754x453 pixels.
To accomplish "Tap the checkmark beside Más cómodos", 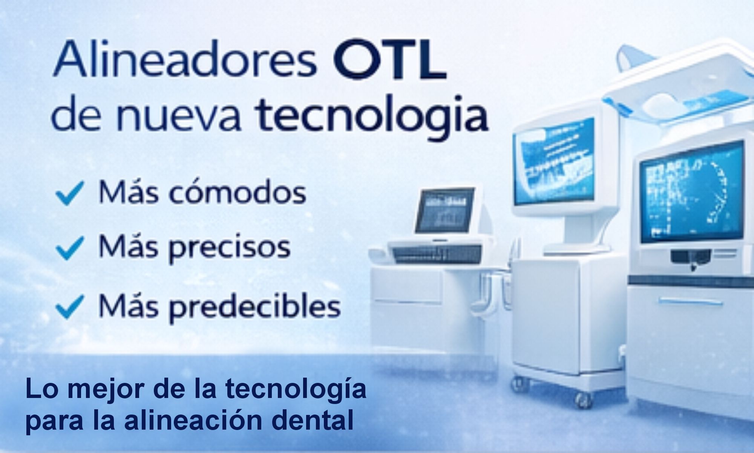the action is (x=70, y=193).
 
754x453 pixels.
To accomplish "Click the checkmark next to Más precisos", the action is (x=70, y=248).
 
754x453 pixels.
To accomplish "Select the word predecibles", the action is (x=254, y=307).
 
